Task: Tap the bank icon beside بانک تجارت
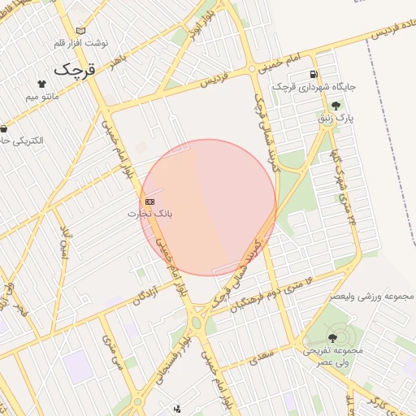(x=149, y=201)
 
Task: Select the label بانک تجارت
(x=151, y=214)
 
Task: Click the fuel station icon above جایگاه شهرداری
(x=312, y=76)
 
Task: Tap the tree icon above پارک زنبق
(x=336, y=106)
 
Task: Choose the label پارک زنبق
(x=336, y=118)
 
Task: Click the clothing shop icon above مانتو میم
(x=42, y=83)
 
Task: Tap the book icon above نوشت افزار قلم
(x=80, y=31)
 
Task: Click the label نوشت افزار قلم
(x=80, y=42)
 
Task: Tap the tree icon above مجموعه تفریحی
(x=333, y=336)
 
